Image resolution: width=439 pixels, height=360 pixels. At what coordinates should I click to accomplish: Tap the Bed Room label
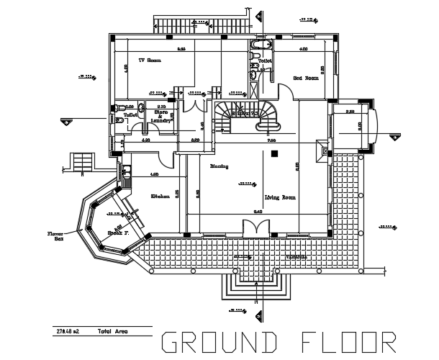[305, 77]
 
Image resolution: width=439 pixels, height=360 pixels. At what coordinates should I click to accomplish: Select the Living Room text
[281, 197]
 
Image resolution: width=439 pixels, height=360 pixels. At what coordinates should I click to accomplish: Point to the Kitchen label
[159, 196]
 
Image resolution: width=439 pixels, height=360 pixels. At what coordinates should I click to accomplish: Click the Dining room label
[219, 166]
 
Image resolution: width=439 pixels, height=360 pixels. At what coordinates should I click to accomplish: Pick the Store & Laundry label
[162, 117]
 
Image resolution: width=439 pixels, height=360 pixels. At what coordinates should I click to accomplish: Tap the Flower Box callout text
[55, 236]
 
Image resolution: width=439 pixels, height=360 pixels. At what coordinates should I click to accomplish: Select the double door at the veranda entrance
[255, 229]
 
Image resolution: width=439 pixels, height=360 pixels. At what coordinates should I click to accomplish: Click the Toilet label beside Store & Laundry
[130, 114]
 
